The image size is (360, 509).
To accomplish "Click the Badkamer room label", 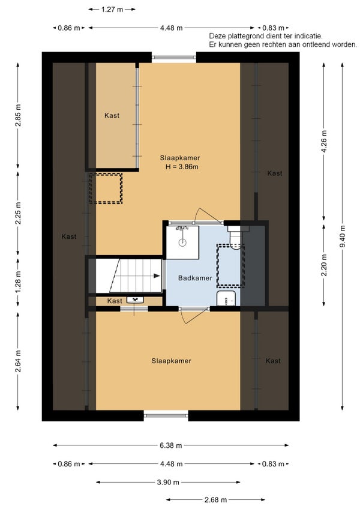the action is (x=195, y=278).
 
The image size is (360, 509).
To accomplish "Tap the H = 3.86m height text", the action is (x=182, y=167).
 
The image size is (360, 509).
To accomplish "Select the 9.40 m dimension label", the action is (x=343, y=236).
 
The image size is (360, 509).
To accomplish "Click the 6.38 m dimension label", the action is (x=171, y=445).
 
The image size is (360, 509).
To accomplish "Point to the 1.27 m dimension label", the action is (x=112, y=10).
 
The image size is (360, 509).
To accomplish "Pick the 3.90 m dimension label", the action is (x=168, y=483).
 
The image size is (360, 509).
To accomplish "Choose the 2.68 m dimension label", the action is (x=215, y=500).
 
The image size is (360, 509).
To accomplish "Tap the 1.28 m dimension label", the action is (x=18, y=282).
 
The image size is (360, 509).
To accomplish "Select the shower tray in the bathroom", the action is (x=182, y=242).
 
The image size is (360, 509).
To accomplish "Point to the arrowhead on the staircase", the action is (x=157, y=276).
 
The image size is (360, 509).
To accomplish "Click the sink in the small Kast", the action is (x=135, y=300).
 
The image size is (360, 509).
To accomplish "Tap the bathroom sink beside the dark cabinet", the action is (x=226, y=299).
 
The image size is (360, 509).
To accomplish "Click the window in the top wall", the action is (x=174, y=58).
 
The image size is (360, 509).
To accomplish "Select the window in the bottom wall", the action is (x=166, y=415).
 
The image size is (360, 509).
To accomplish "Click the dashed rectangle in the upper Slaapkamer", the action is (x=106, y=188).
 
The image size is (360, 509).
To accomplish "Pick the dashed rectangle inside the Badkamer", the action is (x=230, y=266).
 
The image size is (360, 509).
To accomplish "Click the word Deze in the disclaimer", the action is (x=217, y=36).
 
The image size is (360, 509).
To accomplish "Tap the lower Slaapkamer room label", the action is (x=172, y=361).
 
